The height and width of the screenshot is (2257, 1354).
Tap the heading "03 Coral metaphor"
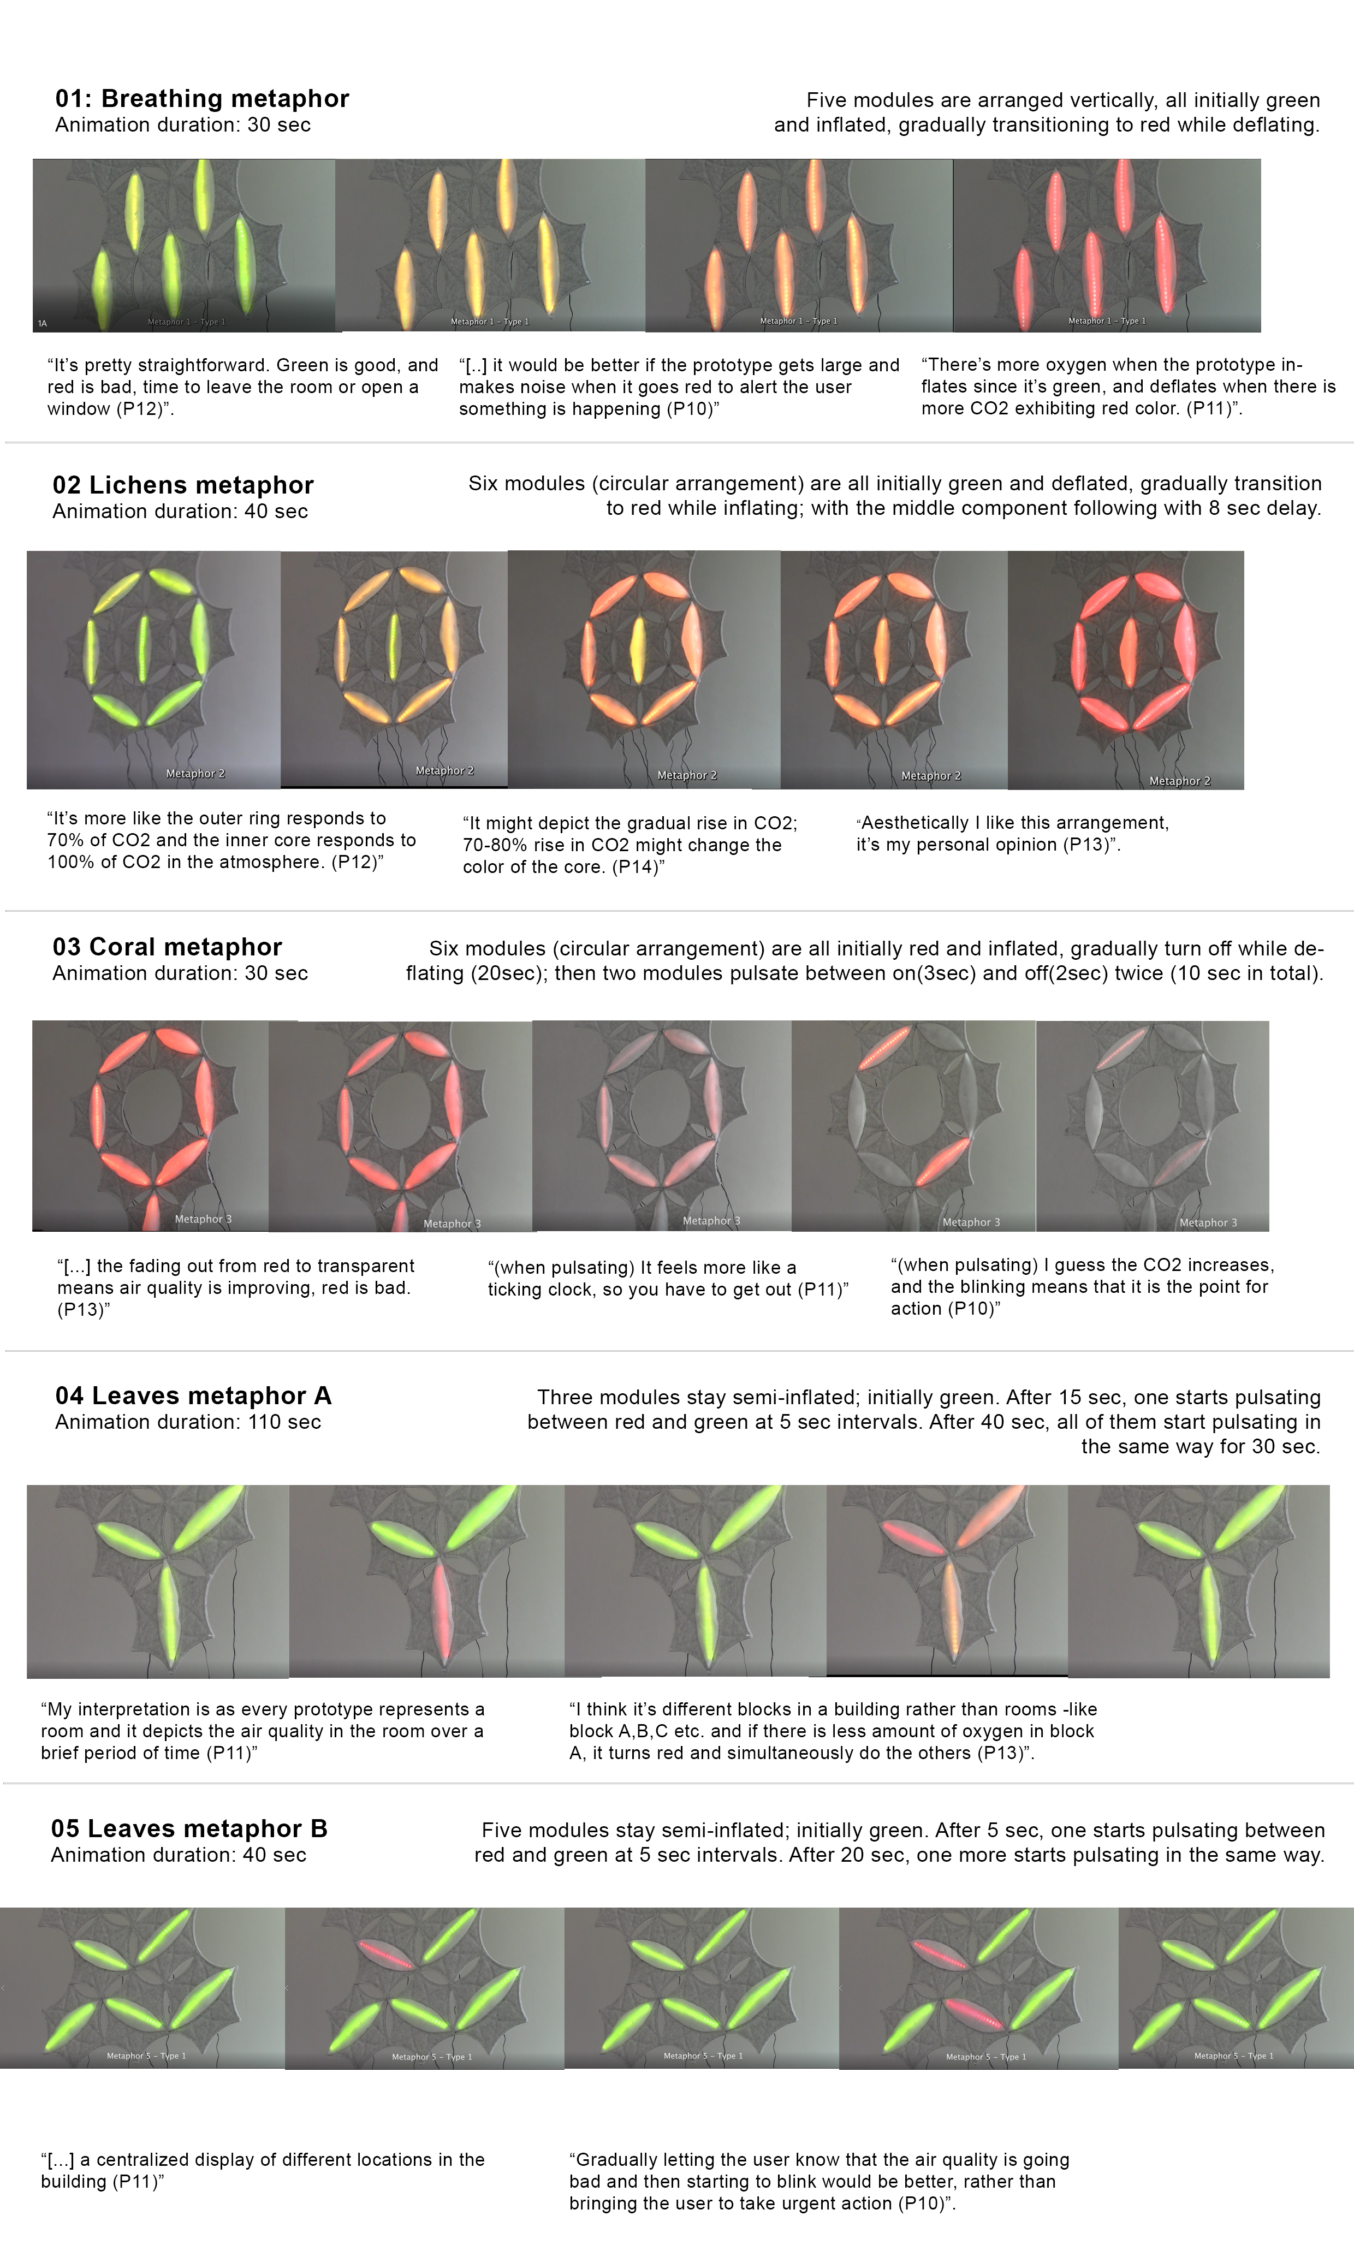click(167, 947)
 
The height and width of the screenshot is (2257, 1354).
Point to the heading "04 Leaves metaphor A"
click(193, 1396)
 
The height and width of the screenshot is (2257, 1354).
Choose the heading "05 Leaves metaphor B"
click(189, 1828)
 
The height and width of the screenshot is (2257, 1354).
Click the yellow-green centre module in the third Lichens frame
click(638, 650)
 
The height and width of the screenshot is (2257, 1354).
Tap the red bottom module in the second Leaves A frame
click(443, 1607)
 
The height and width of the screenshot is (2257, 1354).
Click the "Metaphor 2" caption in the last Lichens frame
click(1180, 781)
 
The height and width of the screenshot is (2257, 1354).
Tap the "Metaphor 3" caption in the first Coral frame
click(204, 1219)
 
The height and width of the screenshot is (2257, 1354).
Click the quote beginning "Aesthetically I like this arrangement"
click(1013, 833)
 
